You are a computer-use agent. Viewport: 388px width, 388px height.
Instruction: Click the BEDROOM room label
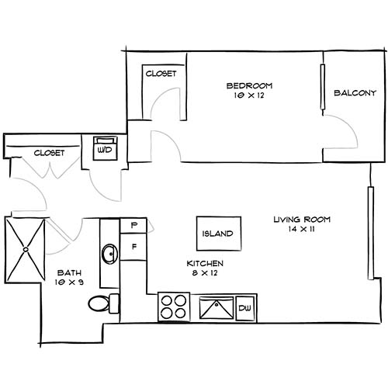click(x=249, y=85)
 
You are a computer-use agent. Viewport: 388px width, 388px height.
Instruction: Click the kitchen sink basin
click(x=217, y=309)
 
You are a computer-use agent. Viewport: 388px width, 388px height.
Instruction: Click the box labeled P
click(x=133, y=226)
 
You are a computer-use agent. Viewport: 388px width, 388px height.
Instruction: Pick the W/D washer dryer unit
click(x=105, y=148)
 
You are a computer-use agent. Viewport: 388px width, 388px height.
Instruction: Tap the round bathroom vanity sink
click(x=110, y=254)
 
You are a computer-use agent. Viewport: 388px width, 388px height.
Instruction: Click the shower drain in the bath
click(x=26, y=249)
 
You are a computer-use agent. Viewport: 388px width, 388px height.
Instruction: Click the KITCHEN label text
click(x=205, y=264)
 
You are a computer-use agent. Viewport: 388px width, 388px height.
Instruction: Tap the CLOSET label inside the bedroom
click(x=161, y=74)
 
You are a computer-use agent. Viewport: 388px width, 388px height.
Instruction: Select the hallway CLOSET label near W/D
click(x=48, y=153)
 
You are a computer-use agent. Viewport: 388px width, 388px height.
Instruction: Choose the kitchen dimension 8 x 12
click(x=205, y=274)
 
